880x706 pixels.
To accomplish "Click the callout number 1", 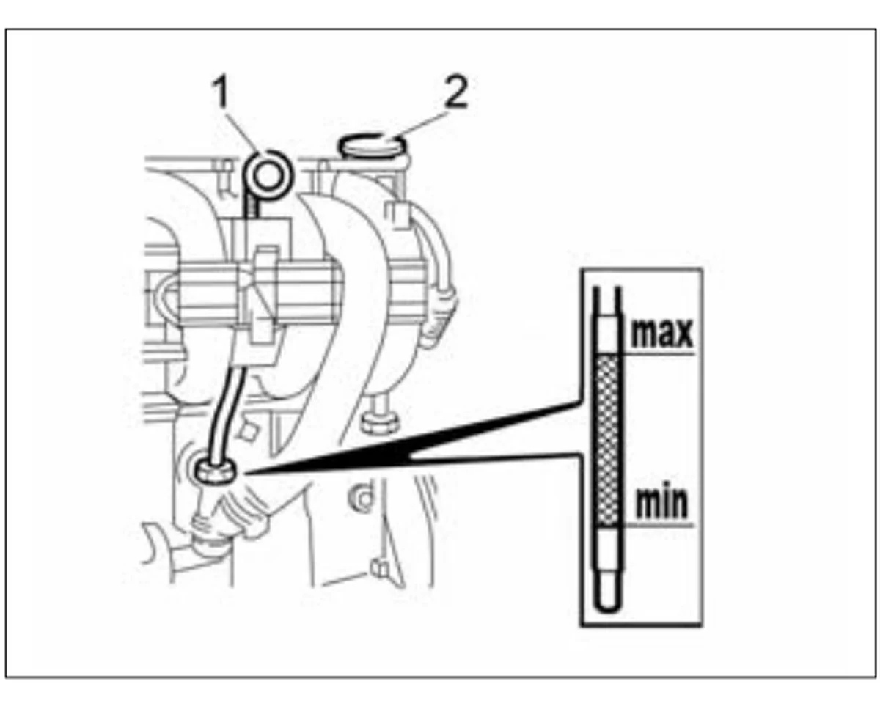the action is (x=221, y=92).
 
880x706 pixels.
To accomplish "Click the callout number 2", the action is (x=455, y=92).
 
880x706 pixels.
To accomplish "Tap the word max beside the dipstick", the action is (x=662, y=334).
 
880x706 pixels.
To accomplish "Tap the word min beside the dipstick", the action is (x=662, y=503).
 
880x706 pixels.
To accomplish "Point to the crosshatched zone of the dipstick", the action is (x=608, y=439).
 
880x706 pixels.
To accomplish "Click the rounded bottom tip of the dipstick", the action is (x=608, y=610).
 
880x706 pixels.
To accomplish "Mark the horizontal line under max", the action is (x=658, y=353).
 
